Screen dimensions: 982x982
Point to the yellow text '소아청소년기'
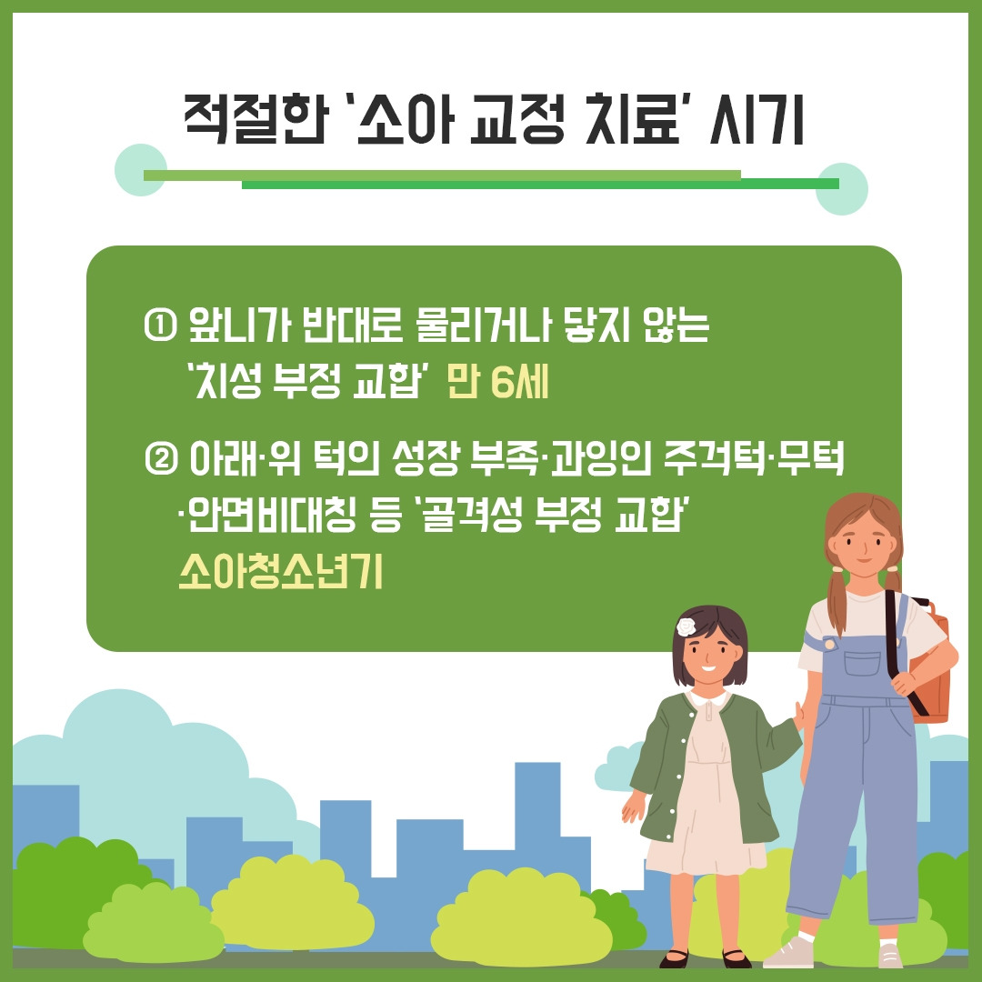tap(280, 573)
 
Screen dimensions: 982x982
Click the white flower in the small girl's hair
tap(686, 626)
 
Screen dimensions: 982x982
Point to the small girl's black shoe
tap(674, 957)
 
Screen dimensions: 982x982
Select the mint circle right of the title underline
tap(841, 189)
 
